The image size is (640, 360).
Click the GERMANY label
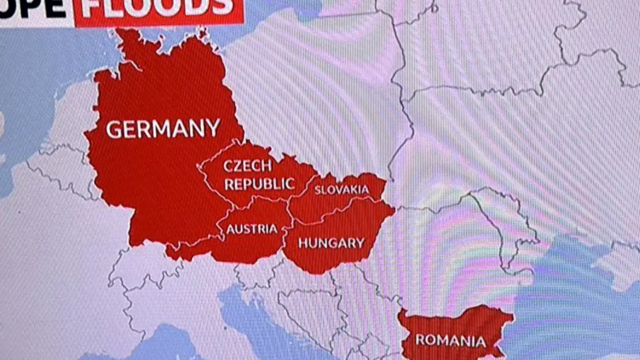[163, 128]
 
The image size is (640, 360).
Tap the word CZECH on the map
[247, 165]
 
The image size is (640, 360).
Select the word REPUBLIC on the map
[259, 183]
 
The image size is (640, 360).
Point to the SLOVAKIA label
[341, 190]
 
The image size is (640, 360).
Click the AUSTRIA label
[251, 229]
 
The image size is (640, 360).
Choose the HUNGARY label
[331, 243]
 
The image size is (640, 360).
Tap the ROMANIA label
[450, 340]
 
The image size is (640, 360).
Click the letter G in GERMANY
[113, 130]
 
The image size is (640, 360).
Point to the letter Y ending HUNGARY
[359, 243]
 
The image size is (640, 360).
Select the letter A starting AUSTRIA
[230, 229]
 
